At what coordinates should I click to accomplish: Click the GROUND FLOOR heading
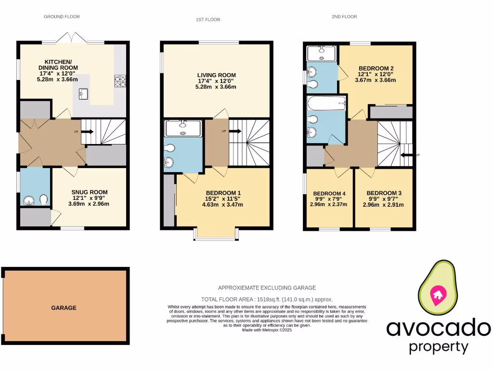(x=62, y=16)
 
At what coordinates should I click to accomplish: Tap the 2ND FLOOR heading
(x=344, y=16)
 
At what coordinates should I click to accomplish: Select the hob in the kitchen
(x=119, y=81)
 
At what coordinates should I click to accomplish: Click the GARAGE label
(x=64, y=307)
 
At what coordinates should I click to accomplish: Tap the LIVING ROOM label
(x=216, y=75)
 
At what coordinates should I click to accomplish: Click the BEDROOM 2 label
(x=376, y=68)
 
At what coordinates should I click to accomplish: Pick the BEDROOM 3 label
(x=383, y=193)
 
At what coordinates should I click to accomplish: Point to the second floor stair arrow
(x=408, y=155)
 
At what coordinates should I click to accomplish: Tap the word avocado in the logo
(x=439, y=328)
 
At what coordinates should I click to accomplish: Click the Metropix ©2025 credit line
(x=267, y=330)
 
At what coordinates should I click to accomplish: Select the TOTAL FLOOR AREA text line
(x=267, y=299)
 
